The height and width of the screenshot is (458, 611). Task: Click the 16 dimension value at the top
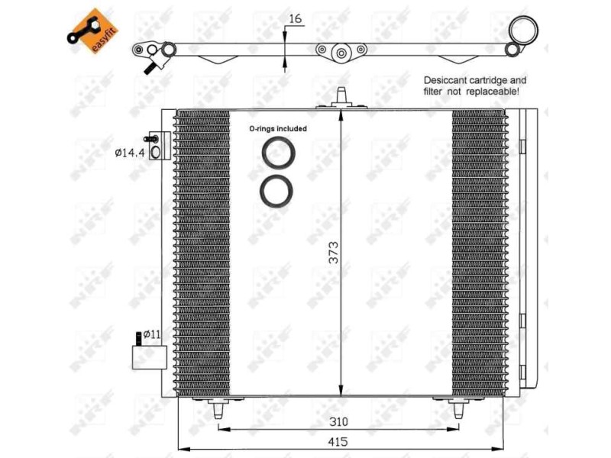[296, 18]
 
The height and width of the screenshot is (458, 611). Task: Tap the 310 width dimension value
[338, 421]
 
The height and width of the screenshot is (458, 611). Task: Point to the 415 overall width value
[338, 440]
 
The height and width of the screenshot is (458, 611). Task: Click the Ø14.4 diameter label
[129, 153]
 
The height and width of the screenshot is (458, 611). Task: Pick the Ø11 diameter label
[151, 334]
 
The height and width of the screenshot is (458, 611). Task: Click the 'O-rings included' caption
[277, 129]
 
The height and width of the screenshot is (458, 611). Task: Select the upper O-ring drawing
[276, 153]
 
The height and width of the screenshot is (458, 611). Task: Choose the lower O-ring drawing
[276, 189]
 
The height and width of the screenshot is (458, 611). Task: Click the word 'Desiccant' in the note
[448, 79]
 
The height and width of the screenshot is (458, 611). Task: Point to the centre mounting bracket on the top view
[341, 53]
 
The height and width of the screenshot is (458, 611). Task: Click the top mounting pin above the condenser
[341, 98]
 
